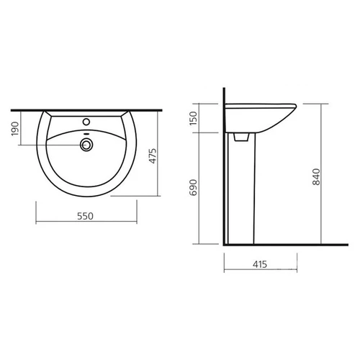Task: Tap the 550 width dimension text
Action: point(85,216)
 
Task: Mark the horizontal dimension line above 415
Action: point(260,273)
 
